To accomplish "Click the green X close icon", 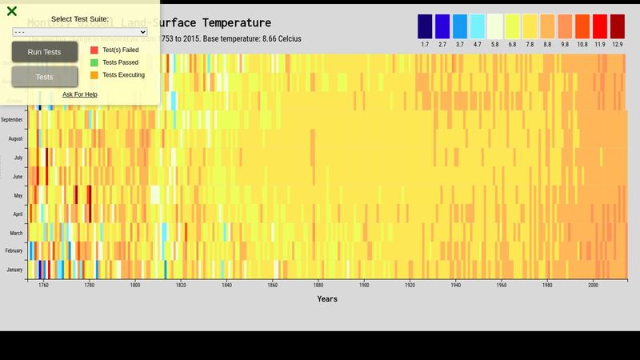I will point(12,11).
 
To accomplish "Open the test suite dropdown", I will point(80,32).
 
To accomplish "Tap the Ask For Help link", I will point(80,94).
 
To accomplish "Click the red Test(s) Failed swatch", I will point(94,50).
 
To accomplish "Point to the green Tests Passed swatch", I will point(94,62).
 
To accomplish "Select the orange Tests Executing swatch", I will point(94,75).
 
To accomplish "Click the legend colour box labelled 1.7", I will point(425,26).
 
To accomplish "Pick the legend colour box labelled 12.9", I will point(617,26).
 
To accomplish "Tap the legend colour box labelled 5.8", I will point(495,26).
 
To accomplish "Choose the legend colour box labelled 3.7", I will point(460,26).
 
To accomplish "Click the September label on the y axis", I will point(12,120).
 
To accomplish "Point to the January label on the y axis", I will point(14,270).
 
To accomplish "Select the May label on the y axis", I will point(18,195).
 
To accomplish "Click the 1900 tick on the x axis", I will point(364,286).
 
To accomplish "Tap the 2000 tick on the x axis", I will point(593,286).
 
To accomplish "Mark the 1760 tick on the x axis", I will point(43,286).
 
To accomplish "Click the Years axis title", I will point(327,299).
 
